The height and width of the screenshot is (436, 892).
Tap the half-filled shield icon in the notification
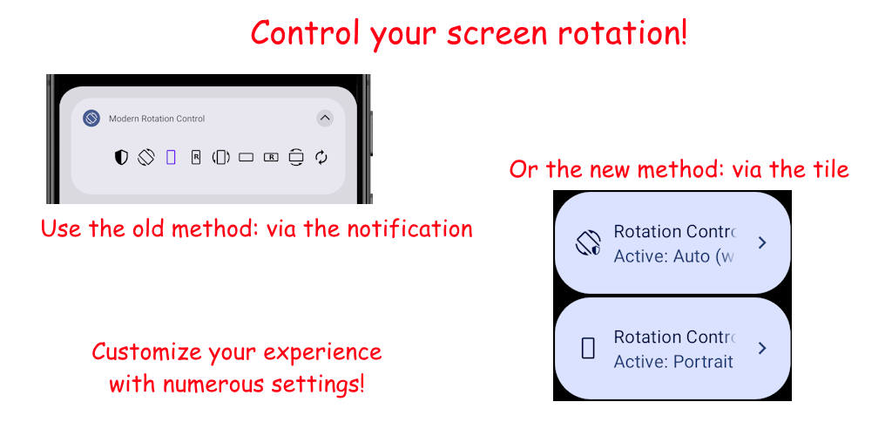pos(121,157)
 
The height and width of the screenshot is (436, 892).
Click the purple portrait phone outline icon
pos(171,157)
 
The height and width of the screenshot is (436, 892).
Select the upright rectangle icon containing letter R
pos(196,157)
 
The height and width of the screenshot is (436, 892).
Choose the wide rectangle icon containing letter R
pos(271,157)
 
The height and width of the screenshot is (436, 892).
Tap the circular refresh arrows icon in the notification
pos(321,157)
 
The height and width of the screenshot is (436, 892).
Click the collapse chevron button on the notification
pos(325,119)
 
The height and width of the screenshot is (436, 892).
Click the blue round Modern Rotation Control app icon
pos(91,119)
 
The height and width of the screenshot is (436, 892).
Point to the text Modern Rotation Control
pos(157,119)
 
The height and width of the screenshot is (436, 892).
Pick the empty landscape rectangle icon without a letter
pos(246,157)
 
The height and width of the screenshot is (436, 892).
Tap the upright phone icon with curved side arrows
pos(220,157)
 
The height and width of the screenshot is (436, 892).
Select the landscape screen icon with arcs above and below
pos(296,157)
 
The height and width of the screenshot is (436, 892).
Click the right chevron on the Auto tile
pos(762,243)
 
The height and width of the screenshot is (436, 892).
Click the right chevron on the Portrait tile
pos(762,348)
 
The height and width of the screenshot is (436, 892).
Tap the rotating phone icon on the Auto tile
pos(588,243)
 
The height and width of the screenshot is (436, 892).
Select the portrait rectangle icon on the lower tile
pos(588,348)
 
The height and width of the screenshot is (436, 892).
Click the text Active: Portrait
pos(673,361)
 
